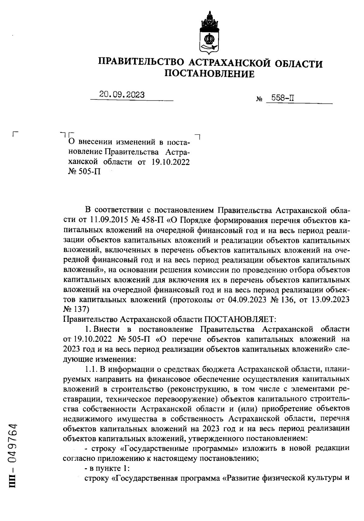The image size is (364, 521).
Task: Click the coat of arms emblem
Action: tap(210, 33)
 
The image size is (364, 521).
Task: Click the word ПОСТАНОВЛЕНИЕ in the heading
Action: tap(210, 74)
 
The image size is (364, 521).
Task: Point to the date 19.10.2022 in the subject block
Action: tap(170, 162)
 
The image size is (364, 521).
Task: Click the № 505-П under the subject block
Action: tap(85, 172)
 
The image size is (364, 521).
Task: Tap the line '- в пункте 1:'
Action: tap(107, 469)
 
